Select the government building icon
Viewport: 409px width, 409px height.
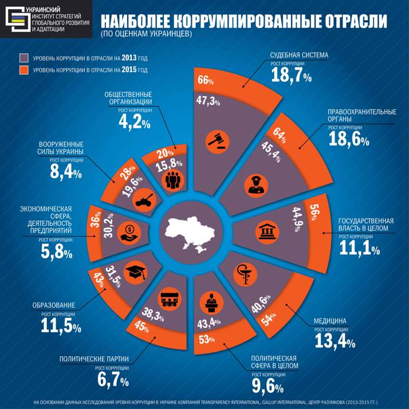click(x=265, y=234)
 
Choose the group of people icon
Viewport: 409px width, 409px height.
click(x=172, y=181)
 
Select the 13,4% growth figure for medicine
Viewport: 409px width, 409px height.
click(x=335, y=340)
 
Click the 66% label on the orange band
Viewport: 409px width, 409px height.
click(x=206, y=81)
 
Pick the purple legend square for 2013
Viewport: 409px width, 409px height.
click(x=23, y=58)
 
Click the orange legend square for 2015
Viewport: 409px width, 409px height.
click(x=23, y=70)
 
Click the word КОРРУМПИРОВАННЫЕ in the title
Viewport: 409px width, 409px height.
click(x=252, y=21)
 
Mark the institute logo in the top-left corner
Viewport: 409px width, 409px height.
click(x=17, y=17)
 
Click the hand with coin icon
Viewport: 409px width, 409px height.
click(x=127, y=233)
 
